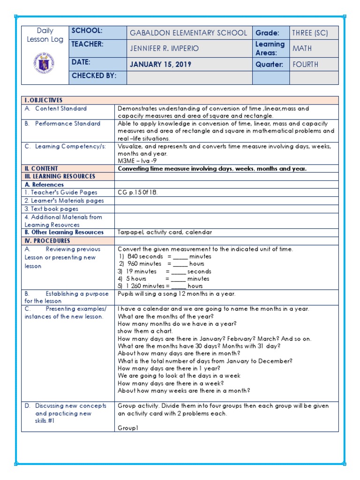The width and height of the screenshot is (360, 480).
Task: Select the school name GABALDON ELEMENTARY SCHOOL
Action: (x=189, y=33)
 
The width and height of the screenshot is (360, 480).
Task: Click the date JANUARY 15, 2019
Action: (x=161, y=64)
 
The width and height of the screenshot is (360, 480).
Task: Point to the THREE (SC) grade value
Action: (x=310, y=33)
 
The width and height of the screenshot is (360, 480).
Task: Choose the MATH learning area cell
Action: (x=302, y=48)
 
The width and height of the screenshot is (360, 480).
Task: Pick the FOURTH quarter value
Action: (x=305, y=64)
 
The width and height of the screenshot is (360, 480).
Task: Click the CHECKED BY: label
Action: (x=94, y=75)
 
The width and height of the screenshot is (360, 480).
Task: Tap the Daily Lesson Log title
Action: (x=45, y=35)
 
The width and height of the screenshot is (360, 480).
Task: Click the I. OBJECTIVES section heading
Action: (x=44, y=100)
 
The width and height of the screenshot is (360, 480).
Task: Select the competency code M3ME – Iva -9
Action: (x=140, y=161)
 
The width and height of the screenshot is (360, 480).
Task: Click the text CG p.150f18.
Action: (x=138, y=192)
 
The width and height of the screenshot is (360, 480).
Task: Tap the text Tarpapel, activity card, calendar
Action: (x=165, y=232)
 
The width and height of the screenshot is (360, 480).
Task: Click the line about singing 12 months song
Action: (x=176, y=294)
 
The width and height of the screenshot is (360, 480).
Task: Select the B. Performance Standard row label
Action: (x=62, y=124)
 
